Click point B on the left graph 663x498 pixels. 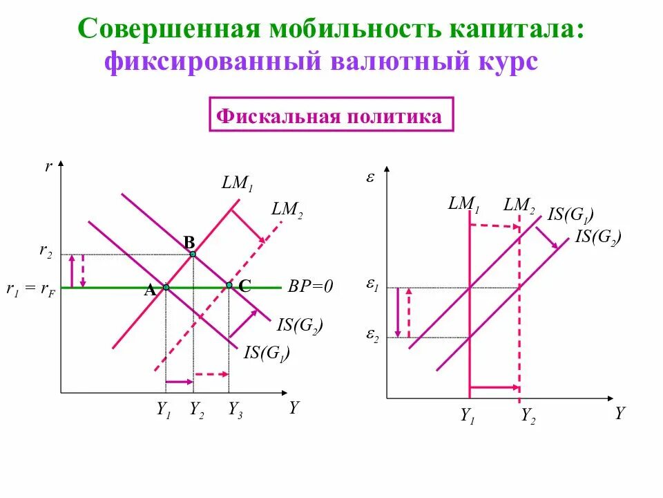(193, 254)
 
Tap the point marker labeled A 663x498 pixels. (166, 286)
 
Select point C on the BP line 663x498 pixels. (229, 285)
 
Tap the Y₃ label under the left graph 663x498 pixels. (236, 409)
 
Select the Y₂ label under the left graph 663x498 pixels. (196, 409)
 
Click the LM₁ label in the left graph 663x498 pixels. (238, 185)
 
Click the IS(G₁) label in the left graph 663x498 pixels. (267, 353)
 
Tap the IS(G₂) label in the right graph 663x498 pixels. (598, 237)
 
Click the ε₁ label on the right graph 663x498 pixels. (372, 285)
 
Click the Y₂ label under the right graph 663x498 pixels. (528, 416)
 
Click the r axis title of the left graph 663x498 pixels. (49, 167)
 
